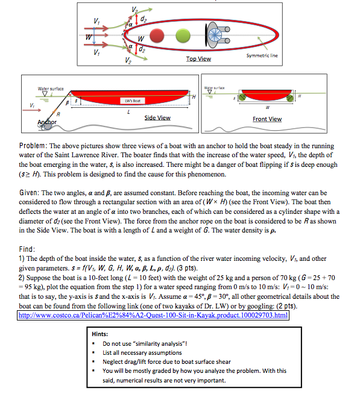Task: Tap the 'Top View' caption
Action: click(199, 58)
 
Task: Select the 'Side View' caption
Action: click(157, 117)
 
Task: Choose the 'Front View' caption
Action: click(267, 119)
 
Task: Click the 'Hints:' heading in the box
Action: click(100, 333)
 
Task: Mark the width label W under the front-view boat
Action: click(267, 109)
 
